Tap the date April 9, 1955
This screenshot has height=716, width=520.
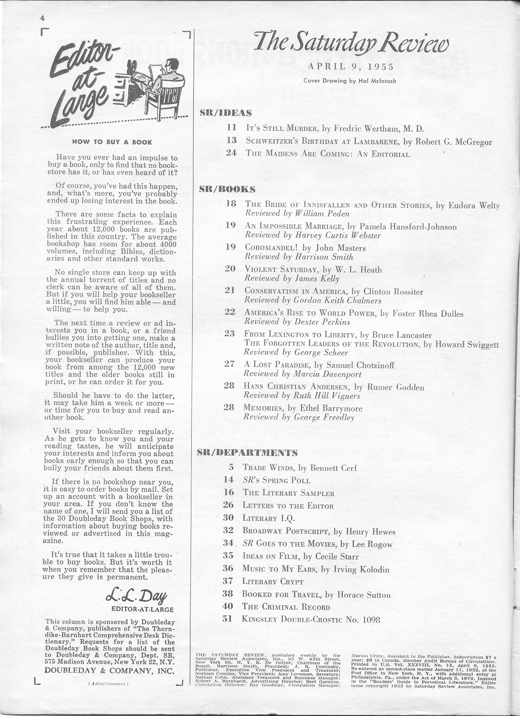[x=351, y=67]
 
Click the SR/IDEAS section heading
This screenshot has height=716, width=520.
[x=225, y=112]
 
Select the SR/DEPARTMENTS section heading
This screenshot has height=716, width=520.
[x=247, y=453]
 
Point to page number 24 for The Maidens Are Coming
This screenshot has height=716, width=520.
[x=231, y=153]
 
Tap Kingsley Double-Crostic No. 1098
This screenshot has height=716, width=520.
[x=311, y=619]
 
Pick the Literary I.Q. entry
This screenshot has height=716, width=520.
[x=268, y=518]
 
